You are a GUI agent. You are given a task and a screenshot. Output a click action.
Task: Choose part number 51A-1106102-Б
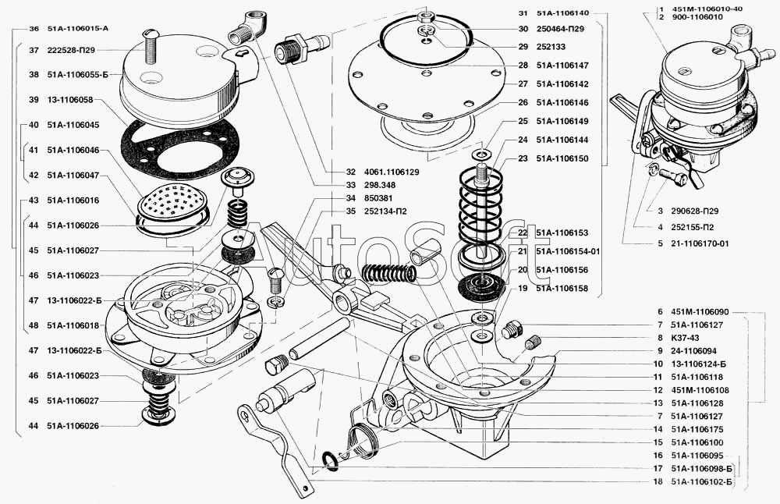click(x=701, y=481)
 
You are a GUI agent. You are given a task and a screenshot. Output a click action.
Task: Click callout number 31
click(x=522, y=13)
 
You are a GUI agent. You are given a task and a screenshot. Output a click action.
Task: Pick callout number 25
click(x=522, y=121)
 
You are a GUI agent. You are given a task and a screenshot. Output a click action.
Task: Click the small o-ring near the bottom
click(x=330, y=460)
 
